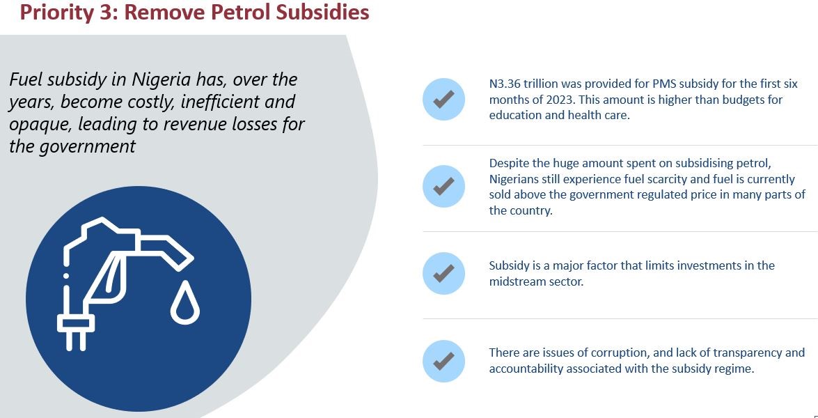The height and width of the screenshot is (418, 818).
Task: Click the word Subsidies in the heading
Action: (321, 12)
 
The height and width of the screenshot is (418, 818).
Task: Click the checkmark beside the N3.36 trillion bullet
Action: (443, 99)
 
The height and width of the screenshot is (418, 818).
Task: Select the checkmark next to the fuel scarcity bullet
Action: (443, 186)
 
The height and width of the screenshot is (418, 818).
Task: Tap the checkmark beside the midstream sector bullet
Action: (443, 274)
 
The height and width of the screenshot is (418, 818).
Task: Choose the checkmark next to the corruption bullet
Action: (443, 361)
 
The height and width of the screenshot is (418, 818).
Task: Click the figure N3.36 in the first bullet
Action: (504, 84)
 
